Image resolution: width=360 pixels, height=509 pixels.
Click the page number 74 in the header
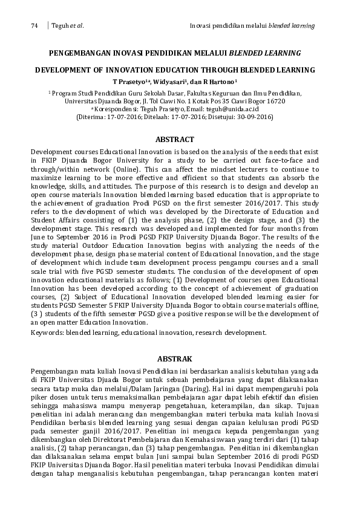click(x=34, y=26)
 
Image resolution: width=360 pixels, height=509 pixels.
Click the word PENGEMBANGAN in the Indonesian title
click(x=78, y=53)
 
